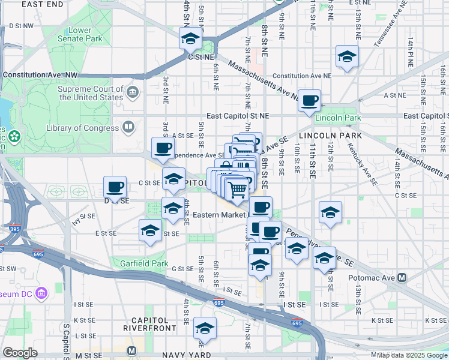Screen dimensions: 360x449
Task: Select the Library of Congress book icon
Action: [128, 127]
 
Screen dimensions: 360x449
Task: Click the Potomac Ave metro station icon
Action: [402, 278]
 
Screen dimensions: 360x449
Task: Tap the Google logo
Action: [20, 353]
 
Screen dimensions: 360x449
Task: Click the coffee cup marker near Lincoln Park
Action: [310, 101]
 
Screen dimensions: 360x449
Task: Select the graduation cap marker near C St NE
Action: [190, 40]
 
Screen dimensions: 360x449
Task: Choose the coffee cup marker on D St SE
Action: [115, 187]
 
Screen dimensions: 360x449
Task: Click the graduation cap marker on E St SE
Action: [150, 230]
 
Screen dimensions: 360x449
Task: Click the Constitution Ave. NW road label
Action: [41, 75]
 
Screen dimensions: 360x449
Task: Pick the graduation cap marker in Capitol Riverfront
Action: [205, 328]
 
